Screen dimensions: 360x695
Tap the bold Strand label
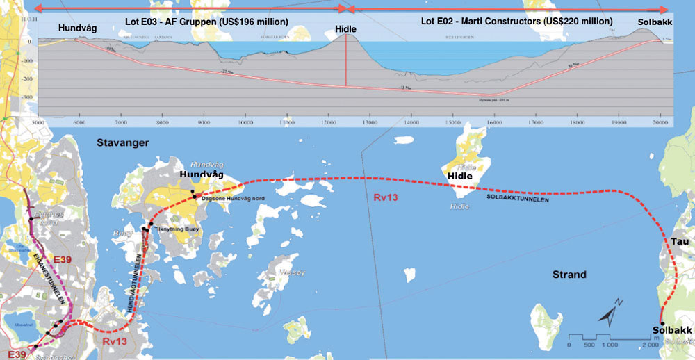[x=569, y=275]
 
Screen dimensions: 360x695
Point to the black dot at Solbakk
[x=662, y=323]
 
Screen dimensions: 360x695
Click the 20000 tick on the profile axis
[x=660, y=122]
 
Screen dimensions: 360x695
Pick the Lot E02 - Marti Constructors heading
[x=516, y=22]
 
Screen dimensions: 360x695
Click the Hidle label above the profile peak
[x=345, y=29]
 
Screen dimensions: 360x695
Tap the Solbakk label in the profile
[x=655, y=21]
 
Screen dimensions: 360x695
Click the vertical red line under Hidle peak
[x=346, y=66]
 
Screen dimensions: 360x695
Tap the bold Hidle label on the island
[x=459, y=176]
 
